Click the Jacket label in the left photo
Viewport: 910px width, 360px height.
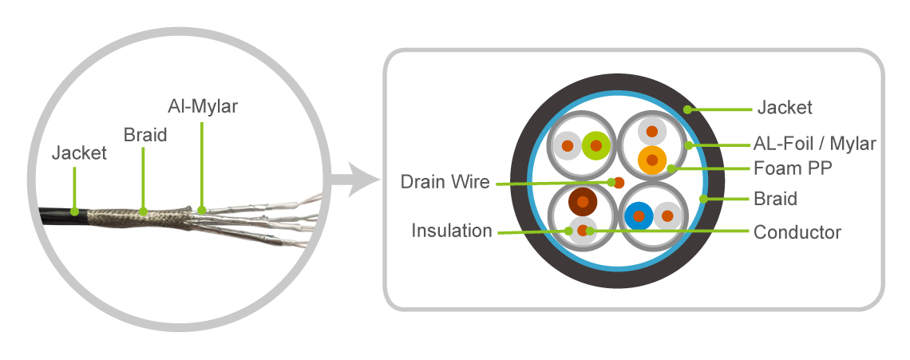coord(79,152)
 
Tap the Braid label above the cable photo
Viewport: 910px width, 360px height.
coord(144,134)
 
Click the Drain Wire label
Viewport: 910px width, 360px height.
coord(444,183)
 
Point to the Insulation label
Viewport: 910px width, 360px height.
coord(452,231)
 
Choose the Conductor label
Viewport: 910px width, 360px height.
coord(797,232)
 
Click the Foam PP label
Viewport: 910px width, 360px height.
coord(792,169)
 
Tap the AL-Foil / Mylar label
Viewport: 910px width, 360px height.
coord(815,144)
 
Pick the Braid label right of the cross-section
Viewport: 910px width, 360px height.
coord(774,199)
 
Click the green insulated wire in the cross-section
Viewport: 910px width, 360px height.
coord(595,145)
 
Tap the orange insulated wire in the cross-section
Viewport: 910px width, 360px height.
coord(652,160)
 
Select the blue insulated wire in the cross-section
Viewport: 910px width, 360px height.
coord(639,216)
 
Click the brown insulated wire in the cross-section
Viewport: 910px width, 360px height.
coord(582,202)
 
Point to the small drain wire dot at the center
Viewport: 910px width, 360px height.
coord(619,181)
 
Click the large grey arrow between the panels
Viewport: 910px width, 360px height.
coord(354,181)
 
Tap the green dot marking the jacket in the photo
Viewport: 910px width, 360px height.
coord(73,212)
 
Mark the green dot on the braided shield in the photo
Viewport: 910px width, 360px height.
coord(143,212)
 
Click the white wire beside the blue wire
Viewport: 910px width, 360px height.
coord(667,216)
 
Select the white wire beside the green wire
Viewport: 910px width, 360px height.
coord(568,146)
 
